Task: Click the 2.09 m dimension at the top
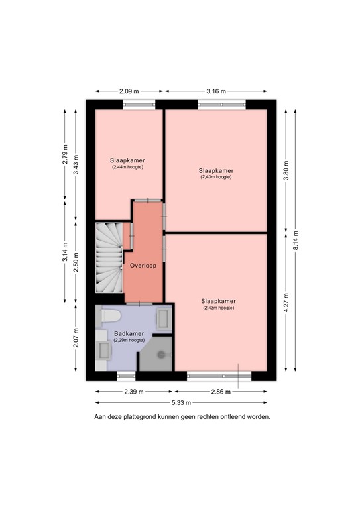[x=129, y=91]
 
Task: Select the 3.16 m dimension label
[x=216, y=91]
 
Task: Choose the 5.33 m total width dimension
[x=181, y=402]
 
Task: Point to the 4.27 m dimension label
[x=286, y=300]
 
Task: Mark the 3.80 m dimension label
[x=286, y=168]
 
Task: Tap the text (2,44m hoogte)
[x=127, y=167]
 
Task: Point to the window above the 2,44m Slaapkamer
[x=137, y=104]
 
